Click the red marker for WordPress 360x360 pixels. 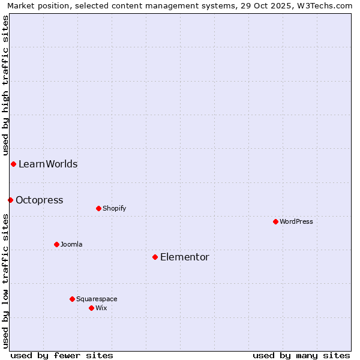(x=275, y=221)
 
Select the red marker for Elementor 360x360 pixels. (x=155, y=257)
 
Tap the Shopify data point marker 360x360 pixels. (x=98, y=208)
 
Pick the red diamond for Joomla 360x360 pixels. (x=56, y=244)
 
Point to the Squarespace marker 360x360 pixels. (x=72, y=299)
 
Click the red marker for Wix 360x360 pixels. (x=91, y=308)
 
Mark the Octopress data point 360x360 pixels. (x=10, y=200)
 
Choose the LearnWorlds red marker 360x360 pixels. (x=13, y=164)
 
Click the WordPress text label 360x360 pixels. (x=296, y=221)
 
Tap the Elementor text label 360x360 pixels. (x=185, y=257)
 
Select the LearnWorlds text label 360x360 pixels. (x=48, y=164)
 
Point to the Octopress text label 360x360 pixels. (x=40, y=200)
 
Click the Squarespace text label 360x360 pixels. (x=97, y=299)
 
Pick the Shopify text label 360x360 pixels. (x=114, y=208)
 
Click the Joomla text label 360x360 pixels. (x=71, y=244)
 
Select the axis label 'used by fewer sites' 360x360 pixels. (x=62, y=355)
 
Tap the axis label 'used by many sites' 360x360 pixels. (x=301, y=355)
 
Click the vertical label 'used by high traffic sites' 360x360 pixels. (x=5, y=85)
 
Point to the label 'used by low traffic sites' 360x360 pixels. (x=5, y=280)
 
